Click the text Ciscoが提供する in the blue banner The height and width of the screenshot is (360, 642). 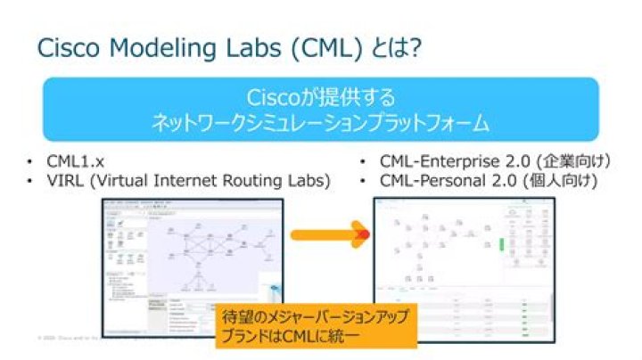click(320, 96)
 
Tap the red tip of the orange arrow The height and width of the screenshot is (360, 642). click(362, 236)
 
